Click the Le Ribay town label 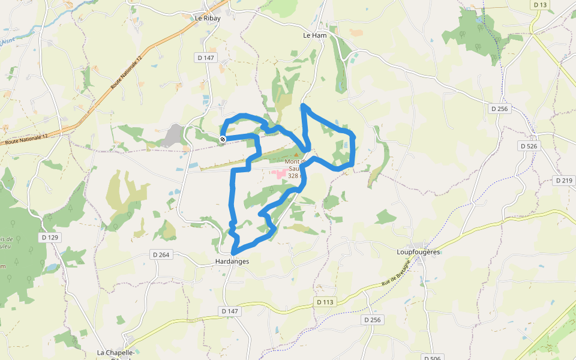[208, 18]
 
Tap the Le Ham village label [314, 35]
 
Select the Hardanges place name [232, 262]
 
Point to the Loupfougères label [419, 253]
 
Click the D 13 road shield [540, 5]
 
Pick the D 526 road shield [529, 146]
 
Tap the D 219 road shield [564, 180]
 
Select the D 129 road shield [51, 238]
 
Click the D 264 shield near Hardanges [161, 255]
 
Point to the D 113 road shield [324, 302]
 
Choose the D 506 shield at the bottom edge [431, 358]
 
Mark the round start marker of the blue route [223, 139]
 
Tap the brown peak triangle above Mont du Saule [295, 155]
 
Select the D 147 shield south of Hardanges [230, 311]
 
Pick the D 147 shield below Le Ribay [206, 58]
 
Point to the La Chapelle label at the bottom [116, 353]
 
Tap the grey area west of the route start [174, 134]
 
